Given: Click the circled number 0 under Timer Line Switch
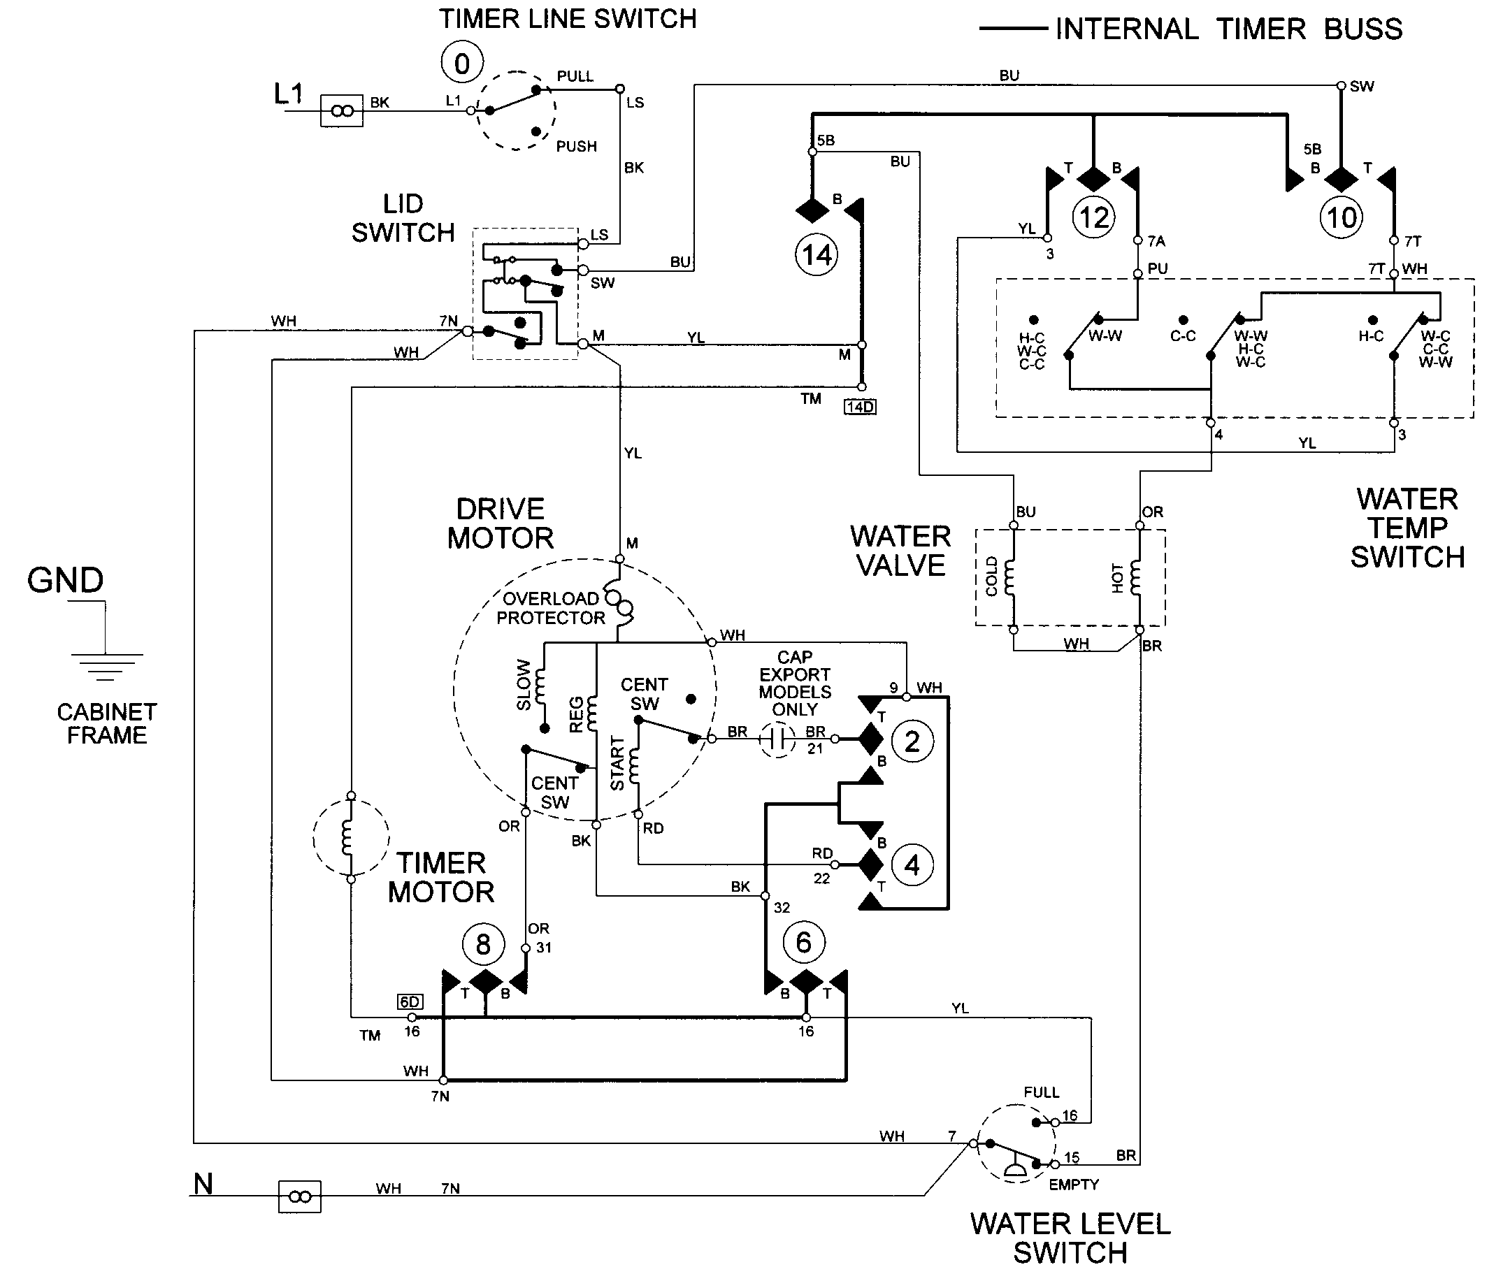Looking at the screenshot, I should click(x=461, y=64).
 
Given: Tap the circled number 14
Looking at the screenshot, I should click(x=817, y=254).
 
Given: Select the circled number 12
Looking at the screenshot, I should click(x=1093, y=217).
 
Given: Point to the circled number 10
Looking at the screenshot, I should click(x=1342, y=217).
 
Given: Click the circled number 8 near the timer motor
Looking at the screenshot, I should click(x=483, y=944).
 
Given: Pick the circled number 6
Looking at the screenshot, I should click(x=803, y=943).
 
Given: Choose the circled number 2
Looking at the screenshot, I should click(x=912, y=741).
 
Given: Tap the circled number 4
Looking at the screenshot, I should click(x=912, y=864).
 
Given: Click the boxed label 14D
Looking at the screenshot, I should click(x=860, y=407).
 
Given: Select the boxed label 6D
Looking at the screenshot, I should click(x=410, y=1001).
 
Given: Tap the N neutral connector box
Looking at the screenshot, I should click(x=300, y=1196).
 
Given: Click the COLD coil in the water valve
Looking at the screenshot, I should click(x=1010, y=577).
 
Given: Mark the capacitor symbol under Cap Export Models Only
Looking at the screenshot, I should click(x=777, y=739).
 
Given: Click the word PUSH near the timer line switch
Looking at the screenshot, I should click(x=576, y=147).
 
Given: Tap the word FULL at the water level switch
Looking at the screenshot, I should click(x=1041, y=1093).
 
